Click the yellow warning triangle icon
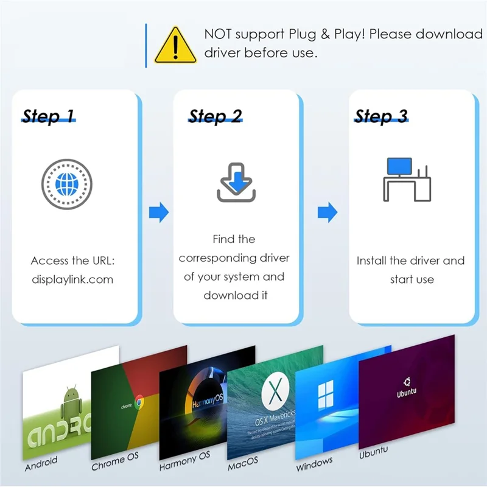pyautogui.click(x=175, y=46)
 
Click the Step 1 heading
pyautogui.click(x=49, y=116)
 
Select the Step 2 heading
pyautogui.click(x=215, y=116)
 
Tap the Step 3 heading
pyautogui.click(x=381, y=116)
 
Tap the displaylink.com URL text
pyautogui.click(x=72, y=280)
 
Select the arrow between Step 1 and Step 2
pyautogui.click(x=158, y=212)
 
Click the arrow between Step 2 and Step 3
pyautogui.click(x=328, y=212)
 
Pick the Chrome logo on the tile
pyautogui.click(x=139, y=401)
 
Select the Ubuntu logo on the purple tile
pyautogui.click(x=408, y=382)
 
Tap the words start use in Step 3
pyautogui.click(x=412, y=280)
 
